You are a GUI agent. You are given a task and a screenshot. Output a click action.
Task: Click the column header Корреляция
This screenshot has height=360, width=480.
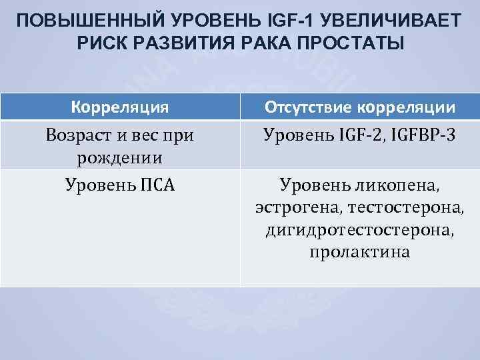120,107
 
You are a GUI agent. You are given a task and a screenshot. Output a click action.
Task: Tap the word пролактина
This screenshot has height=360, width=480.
360,253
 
